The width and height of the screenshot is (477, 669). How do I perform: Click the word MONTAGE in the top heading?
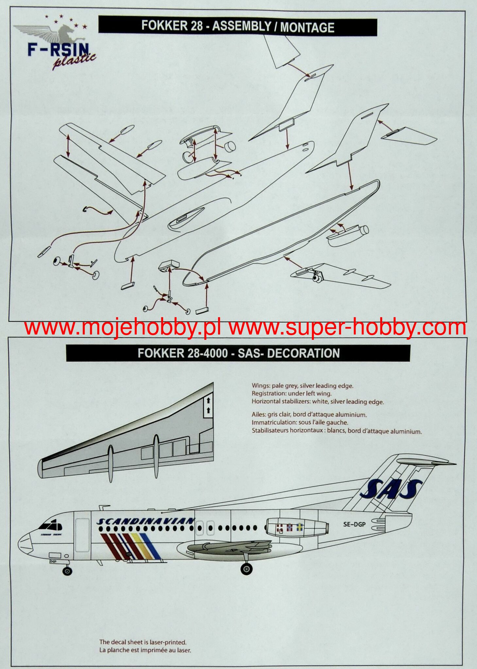click(307, 27)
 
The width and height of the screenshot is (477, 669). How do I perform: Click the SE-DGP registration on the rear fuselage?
click(354, 524)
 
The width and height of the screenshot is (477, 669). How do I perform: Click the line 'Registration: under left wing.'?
click(291, 394)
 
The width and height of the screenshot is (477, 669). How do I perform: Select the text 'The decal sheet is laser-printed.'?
click(143, 642)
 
